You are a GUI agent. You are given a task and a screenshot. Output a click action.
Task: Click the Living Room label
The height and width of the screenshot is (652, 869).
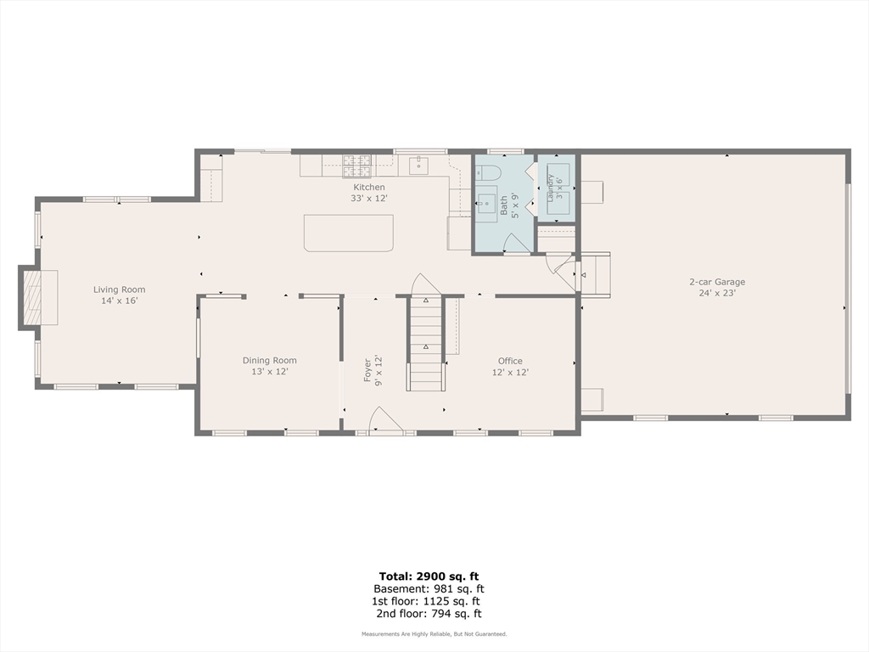(119, 289)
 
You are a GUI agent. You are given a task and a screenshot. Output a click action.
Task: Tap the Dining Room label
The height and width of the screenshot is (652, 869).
(269, 360)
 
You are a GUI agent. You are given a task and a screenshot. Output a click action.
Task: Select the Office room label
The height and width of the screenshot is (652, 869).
(510, 361)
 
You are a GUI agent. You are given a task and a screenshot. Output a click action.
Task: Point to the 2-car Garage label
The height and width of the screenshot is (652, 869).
(717, 282)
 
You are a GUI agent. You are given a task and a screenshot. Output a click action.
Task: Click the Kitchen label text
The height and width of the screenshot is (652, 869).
(369, 188)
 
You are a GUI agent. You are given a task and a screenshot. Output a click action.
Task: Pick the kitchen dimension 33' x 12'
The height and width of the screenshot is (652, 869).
(369, 198)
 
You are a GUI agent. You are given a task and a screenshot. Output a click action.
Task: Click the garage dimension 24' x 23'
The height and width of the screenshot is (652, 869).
(717, 293)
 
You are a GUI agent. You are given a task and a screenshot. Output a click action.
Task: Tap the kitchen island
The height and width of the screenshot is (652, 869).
(349, 233)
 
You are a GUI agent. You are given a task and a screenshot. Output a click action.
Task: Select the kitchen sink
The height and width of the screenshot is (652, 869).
(418, 166)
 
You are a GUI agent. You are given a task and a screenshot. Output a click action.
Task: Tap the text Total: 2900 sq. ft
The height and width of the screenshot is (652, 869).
(429, 576)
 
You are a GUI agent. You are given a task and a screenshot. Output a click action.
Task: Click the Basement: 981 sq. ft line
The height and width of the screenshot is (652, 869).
(429, 589)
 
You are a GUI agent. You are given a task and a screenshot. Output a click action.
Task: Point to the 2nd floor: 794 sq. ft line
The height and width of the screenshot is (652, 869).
(429, 614)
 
